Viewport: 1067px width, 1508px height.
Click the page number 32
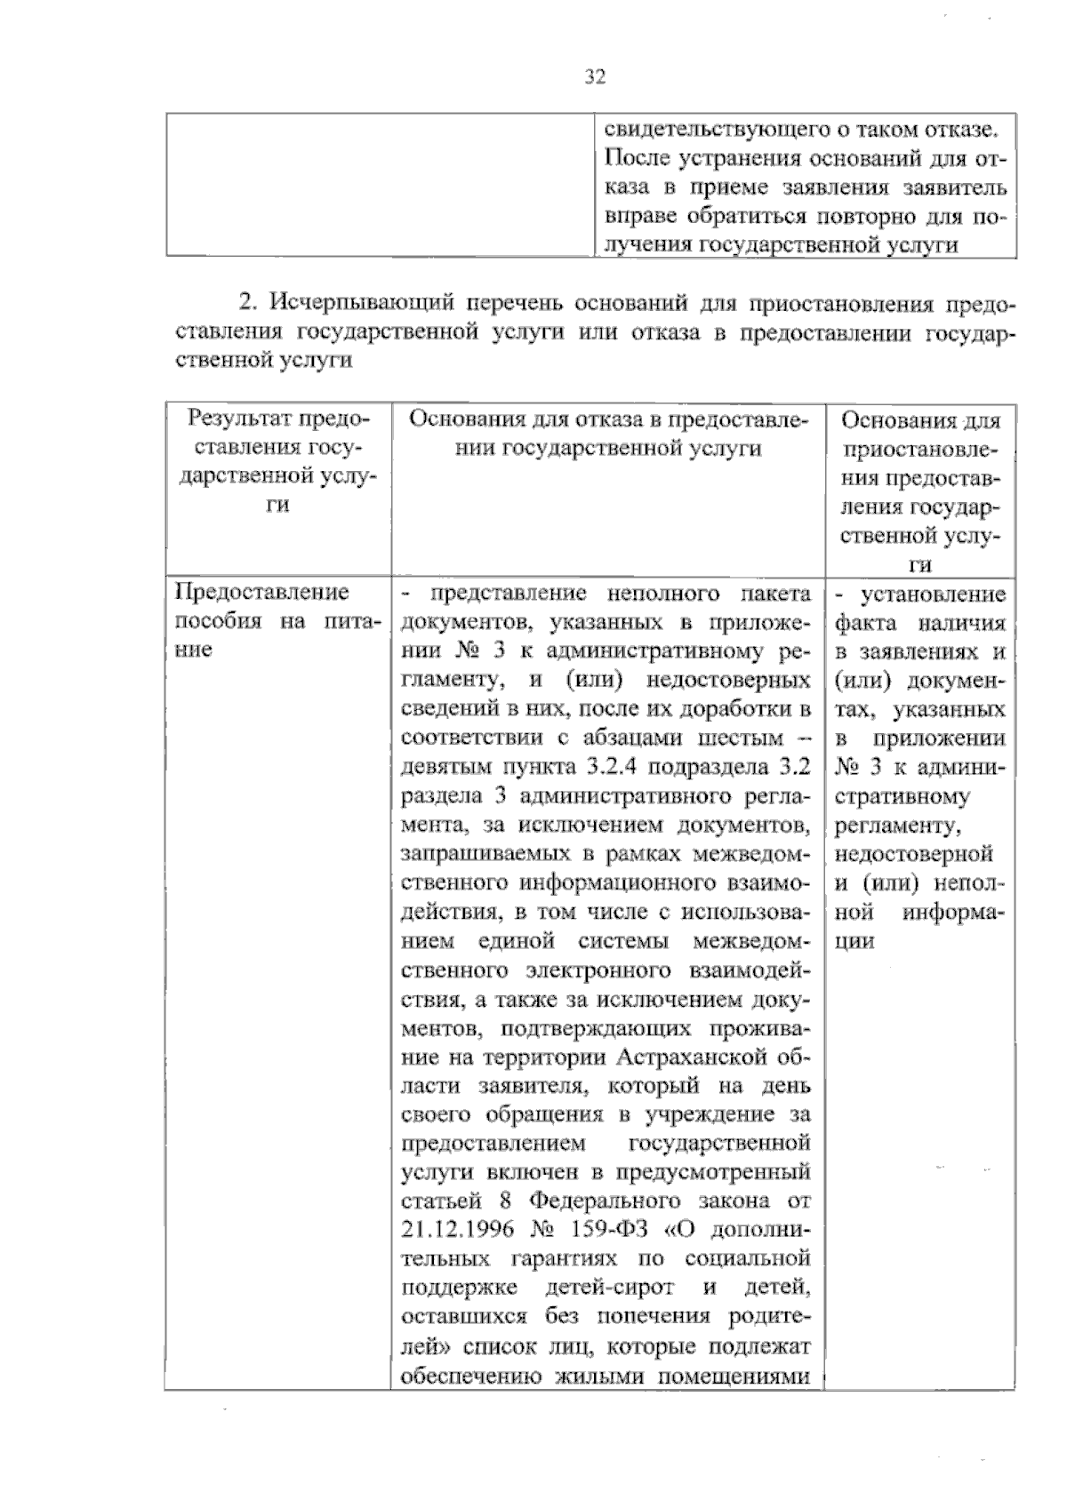pyautogui.click(x=595, y=77)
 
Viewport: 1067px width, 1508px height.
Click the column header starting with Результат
pyautogui.click(x=279, y=419)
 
